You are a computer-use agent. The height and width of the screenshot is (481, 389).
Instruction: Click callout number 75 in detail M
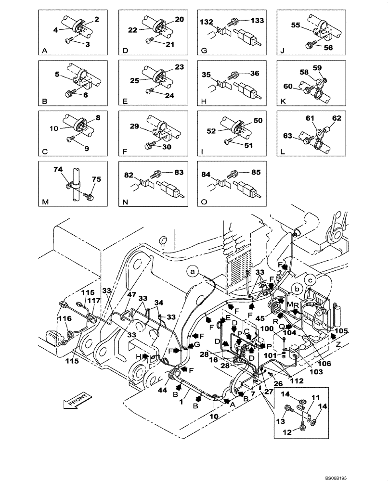tap(96, 179)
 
